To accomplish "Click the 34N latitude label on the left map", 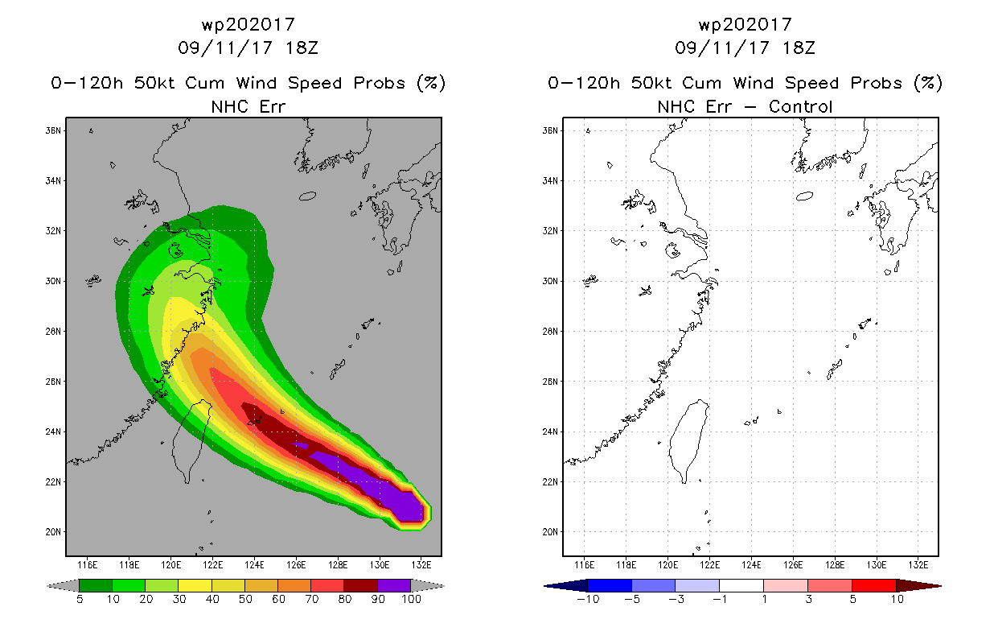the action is coord(53,181).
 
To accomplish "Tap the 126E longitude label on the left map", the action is coord(296,565).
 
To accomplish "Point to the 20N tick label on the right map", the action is coord(550,531).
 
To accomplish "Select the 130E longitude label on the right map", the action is coord(877,565).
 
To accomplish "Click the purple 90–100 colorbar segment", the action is coord(394,585).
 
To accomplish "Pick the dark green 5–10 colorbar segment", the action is coord(96,585).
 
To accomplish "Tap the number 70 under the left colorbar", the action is coord(311,599).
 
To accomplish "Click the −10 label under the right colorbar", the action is coord(588,599).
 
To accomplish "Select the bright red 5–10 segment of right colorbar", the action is coord(874,585).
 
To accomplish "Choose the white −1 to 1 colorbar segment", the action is coord(741,585).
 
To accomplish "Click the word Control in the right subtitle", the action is coord(800,107).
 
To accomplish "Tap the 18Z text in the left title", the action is coord(302,48).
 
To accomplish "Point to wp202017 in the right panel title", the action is coord(745,24).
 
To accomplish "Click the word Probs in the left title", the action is coord(380,83).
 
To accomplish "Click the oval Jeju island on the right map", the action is coord(804,196).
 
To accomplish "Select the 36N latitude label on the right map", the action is coord(550,130).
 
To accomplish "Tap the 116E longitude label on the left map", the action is coord(87,565).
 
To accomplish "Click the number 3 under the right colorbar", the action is coord(808,599).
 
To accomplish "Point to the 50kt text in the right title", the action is coord(651,83).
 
